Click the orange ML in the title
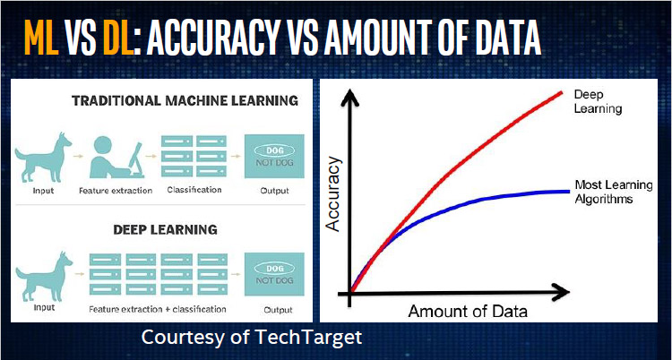(41, 38)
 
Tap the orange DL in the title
(117, 38)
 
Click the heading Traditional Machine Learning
(185, 100)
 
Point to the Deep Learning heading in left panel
(166, 230)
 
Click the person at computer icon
(116, 157)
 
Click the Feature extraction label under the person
(116, 190)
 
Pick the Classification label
(194, 190)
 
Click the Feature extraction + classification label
(158, 309)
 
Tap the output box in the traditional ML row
(274, 157)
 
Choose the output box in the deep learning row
(274, 274)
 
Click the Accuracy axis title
(333, 194)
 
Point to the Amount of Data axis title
(468, 311)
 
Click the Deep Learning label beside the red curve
(598, 101)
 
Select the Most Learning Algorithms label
(613, 192)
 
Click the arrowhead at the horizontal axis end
(560, 293)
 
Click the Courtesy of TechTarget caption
(252, 338)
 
